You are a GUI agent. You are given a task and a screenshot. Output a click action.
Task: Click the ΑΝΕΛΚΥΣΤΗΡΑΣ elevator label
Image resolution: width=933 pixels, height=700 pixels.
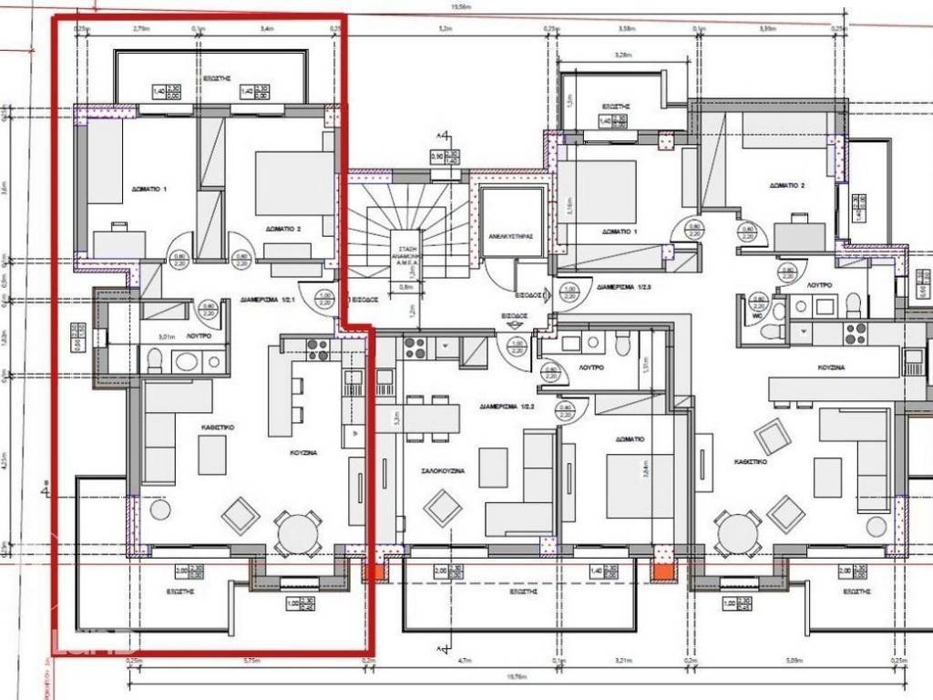tap(509, 234)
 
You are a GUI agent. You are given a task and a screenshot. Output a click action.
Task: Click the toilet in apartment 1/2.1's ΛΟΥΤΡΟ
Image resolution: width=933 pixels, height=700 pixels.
tap(154, 364)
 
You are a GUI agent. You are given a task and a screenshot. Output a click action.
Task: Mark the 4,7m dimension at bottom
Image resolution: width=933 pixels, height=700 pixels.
tap(462, 661)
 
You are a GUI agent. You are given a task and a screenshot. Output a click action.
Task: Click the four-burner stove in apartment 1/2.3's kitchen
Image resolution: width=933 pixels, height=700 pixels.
tap(855, 334)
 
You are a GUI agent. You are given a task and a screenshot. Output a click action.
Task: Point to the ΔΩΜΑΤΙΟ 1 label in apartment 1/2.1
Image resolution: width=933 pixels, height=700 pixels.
tap(153, 189)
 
